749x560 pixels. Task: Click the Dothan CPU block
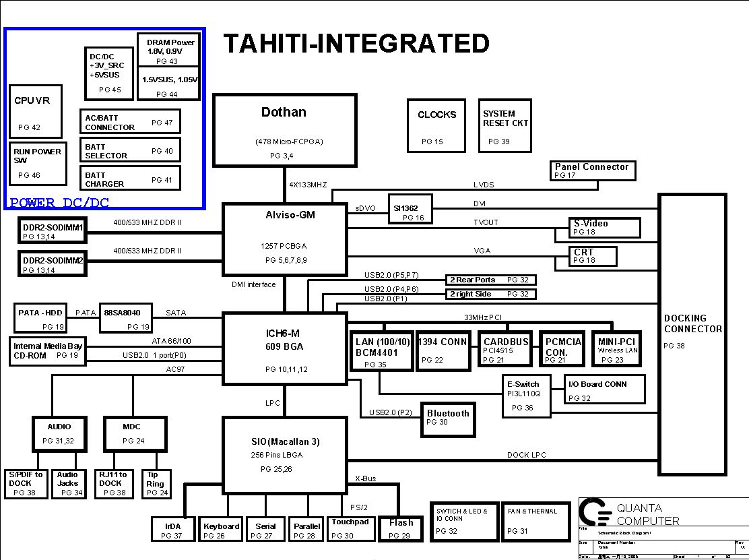click(284, 130)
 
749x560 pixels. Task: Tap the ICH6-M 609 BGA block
click(285, 348)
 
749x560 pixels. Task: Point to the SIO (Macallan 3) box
click(285, 454)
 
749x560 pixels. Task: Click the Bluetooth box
click(448, 417)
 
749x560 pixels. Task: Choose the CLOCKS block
click(436, 125)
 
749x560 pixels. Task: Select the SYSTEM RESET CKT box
click(506, 125)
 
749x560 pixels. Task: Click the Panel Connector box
click(591, 170)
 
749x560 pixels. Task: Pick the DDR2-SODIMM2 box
click(53, 263)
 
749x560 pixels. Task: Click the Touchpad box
click(350, 528)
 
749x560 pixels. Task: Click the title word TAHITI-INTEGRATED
click(356, 44)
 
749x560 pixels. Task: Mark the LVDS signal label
click(483, 185)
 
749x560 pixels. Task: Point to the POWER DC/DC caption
click(59, 203)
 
